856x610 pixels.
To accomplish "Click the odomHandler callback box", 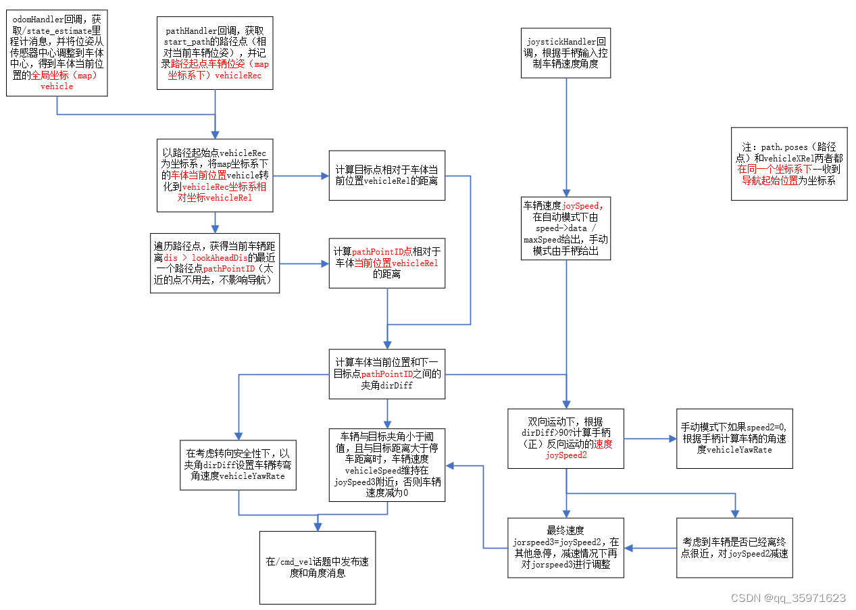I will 56,53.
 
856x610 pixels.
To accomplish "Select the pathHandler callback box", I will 215,53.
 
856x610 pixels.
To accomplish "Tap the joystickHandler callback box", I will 565,53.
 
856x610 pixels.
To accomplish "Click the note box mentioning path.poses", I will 788,163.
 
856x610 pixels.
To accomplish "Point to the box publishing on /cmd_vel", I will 317,567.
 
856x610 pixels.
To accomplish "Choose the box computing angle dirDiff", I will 387,374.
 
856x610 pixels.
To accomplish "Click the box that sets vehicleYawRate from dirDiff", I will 238,465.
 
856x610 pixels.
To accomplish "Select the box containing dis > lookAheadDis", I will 214,263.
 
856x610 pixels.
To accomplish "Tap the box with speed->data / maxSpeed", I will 565,228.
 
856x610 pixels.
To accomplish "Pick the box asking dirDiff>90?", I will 565,438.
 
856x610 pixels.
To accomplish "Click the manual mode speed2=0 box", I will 734,438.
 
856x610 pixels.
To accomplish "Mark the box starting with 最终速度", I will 565,548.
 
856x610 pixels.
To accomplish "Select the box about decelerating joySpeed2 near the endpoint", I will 734,548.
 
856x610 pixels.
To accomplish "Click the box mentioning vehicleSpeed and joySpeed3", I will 387,465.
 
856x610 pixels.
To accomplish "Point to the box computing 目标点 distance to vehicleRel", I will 387,175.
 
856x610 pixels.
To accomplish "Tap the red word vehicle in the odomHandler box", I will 57,86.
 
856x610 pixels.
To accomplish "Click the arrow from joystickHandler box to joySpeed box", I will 565,135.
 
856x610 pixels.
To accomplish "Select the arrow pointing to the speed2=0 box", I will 650,438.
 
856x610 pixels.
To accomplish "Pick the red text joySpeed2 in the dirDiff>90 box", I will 565,455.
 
